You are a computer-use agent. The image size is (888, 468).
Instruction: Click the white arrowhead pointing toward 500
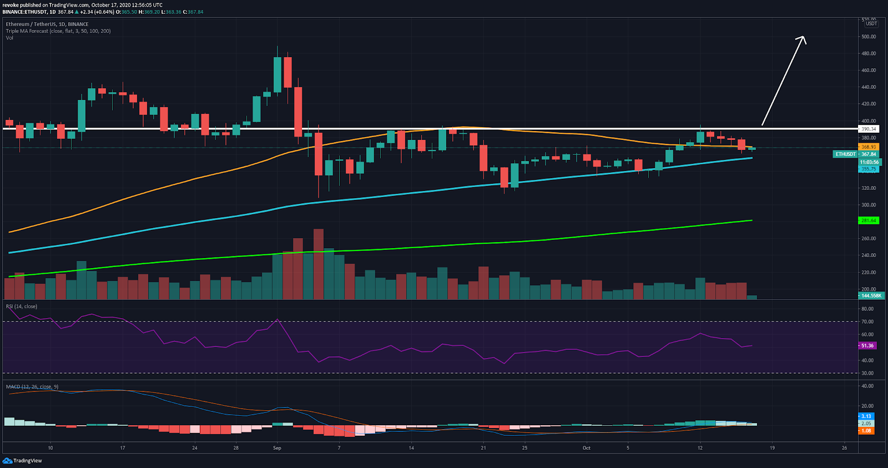801,38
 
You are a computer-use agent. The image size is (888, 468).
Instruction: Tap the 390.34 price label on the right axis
869,129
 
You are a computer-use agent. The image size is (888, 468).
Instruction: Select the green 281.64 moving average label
869,220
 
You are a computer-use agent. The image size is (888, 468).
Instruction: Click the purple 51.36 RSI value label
867,345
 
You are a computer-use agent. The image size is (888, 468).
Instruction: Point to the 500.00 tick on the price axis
869,37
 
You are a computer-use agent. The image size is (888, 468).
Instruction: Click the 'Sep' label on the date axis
277,448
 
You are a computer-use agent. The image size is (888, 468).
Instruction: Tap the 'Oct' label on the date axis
587,448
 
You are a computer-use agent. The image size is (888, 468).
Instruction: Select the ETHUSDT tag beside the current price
845,154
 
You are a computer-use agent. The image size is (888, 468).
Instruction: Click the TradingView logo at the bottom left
22,461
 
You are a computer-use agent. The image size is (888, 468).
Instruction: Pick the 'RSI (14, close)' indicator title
22,306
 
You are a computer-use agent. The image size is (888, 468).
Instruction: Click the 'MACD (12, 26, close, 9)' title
32,387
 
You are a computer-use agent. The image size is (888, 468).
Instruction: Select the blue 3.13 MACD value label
866,416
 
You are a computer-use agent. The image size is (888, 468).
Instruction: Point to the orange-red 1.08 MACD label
866,430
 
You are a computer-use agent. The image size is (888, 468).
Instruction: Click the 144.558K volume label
871,295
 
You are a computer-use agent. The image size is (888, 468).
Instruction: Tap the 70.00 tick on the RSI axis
867,321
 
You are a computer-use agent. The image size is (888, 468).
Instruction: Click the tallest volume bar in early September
319,264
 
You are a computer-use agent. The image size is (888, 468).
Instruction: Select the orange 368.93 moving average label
869,147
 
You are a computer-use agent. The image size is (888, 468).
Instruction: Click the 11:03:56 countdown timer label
869,162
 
